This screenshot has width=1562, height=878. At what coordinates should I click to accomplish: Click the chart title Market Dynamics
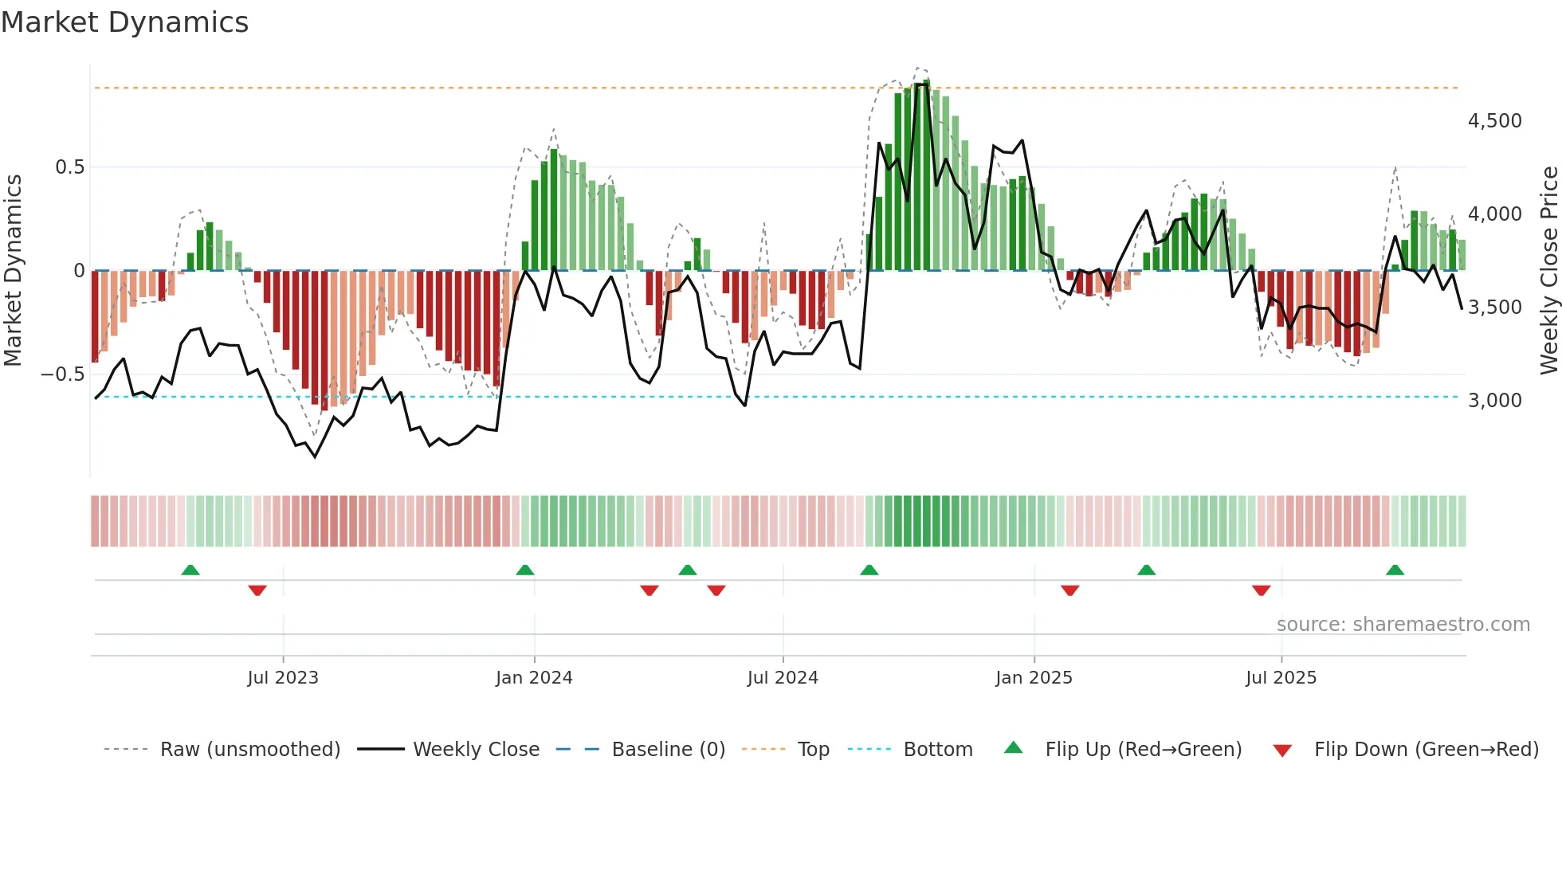coord(124,22)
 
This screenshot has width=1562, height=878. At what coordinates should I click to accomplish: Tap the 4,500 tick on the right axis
coord(1494,121)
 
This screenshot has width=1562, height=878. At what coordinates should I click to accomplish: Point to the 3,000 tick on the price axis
coord(1494,400)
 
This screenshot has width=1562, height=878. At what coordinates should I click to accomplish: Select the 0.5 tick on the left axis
coord(69,167)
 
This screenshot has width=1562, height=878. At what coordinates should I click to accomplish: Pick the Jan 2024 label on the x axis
coord(534,678)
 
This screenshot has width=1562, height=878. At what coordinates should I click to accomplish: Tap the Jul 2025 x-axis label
coord(1281,678)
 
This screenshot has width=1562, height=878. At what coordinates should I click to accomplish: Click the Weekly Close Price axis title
coord(1548,271)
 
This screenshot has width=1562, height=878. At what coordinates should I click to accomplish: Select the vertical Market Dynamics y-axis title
coord(13,271)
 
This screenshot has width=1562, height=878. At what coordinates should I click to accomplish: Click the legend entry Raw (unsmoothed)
coord(249,750)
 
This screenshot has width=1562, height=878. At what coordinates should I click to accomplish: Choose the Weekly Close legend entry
coord(476,750)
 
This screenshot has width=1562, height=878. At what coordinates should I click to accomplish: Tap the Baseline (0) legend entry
coord(668,750)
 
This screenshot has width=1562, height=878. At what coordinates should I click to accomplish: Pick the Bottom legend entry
coord(937,750)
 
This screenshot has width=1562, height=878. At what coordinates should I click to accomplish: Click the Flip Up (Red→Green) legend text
coord(1143,750)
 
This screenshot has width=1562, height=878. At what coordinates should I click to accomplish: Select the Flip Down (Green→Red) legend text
coord(1426,750)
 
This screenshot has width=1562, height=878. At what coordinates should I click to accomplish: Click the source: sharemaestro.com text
coord(1403,625)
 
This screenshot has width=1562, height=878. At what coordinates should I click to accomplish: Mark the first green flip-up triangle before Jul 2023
coord(190,570)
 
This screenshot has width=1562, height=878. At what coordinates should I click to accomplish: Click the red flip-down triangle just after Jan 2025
coord(1069,590)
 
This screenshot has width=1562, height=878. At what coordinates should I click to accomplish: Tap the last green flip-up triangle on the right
coord(1395,570)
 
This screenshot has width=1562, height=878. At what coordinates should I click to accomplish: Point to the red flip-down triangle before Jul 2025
coord(1261,590)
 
